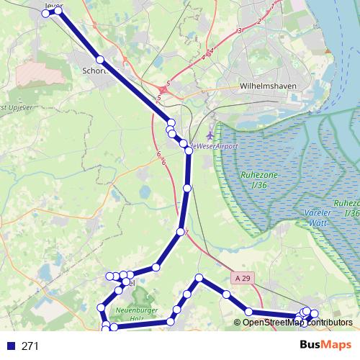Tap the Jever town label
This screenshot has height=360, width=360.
click(x=54, y=4)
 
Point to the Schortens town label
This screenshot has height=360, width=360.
click(x=95, y=71)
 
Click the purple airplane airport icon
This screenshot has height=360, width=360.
click(x=210, y=135)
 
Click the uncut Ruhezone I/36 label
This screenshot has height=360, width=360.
click(x=258, y=179)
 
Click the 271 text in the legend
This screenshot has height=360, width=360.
click(x=30, y=346)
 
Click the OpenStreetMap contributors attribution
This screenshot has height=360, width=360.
click(x=292, y=323)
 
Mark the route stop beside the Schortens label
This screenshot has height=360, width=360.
click(x=101, y=60)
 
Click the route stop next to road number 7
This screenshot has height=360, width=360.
click(x=180, y=232)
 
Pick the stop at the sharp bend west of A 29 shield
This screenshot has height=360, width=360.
click(x=199, y=278)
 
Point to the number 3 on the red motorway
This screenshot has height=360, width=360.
click(x=238, y=31)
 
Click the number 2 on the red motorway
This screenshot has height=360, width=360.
click(x=258, y=21)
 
